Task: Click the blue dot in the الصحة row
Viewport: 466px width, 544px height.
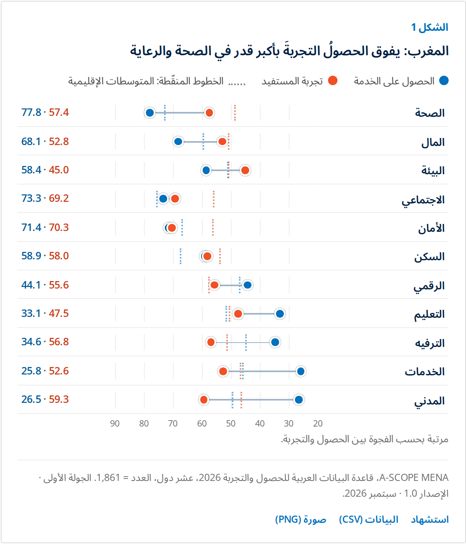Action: [150, 113]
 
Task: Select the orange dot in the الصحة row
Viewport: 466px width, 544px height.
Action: [209, 113]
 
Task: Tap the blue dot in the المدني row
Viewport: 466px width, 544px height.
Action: [298, 400]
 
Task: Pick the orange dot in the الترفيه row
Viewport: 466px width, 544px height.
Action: [211, 343]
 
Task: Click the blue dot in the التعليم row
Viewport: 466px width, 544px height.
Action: [280, 314]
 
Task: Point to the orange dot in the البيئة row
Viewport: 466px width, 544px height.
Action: [245, 170]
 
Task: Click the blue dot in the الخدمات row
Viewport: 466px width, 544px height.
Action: [301, 371]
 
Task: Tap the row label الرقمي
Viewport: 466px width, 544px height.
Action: [429, 286]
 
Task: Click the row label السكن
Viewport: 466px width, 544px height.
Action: [429, 257]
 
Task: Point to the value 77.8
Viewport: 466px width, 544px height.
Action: [31, 112]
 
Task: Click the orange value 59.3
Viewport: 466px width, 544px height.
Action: [59, 399]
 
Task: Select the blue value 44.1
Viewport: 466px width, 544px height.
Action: [31, 285]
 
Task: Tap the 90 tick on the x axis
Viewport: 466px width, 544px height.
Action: [115, 423]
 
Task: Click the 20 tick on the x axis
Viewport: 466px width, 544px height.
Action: [318, 423]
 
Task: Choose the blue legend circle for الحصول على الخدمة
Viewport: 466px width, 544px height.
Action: [444, 80]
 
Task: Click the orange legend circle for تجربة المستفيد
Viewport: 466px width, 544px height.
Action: [333, 80]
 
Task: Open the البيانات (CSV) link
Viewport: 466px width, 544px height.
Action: [369, 520]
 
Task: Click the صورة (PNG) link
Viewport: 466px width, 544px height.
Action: [301, 520]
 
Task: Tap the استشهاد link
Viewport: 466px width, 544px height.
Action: [430, 520]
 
